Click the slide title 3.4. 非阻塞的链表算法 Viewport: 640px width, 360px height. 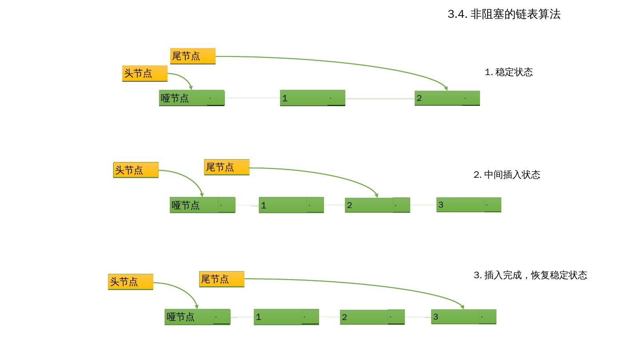point(504,14)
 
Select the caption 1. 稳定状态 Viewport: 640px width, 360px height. point(508,72)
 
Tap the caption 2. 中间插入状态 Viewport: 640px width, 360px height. point(507,175)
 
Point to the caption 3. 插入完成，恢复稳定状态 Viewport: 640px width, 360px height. point(530,275)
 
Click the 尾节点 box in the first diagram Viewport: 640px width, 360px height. point(192,56)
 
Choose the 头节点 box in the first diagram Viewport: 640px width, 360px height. point(144,73)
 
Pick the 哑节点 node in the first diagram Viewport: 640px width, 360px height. point(192,98)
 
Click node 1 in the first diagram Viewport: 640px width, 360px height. point(312,98)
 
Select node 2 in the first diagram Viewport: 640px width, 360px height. point(447,98)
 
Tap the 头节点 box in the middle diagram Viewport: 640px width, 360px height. point(136,170)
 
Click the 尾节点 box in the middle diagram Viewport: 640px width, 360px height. point(226,167)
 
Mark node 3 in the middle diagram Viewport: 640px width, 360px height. point(468,205)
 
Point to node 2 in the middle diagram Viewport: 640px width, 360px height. point(377,205)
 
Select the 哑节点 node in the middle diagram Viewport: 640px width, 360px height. point(202,205)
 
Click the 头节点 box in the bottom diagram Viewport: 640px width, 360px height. point(130,282)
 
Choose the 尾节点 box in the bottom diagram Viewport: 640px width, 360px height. point(221,279)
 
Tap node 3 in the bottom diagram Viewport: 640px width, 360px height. point(463,317)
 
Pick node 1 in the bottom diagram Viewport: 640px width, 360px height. point(286,317)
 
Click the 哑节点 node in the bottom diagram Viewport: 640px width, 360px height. point(197,317)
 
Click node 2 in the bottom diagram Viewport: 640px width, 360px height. point(372,317)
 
